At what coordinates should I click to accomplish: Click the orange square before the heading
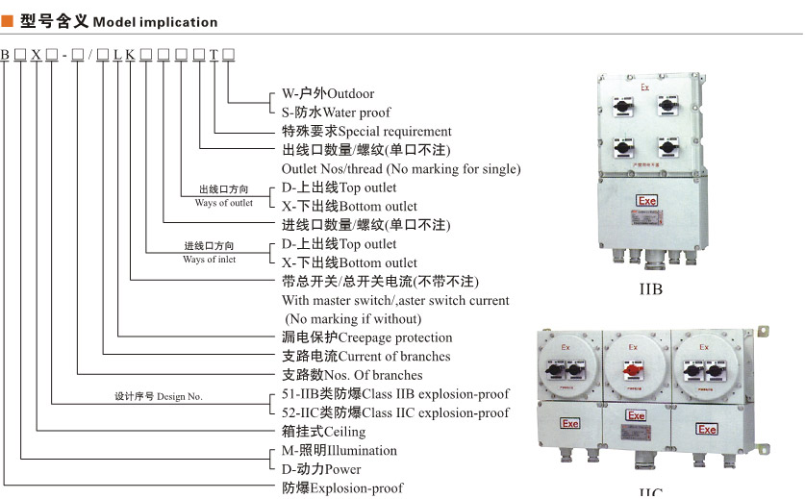pyautogui.click(x=7, y=21)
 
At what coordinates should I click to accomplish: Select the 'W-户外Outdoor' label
pyautogui.click(x=327, y=93)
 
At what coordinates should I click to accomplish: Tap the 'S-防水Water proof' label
pyautogui.click(x=336, y=112)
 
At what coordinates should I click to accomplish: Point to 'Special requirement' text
pyautogui.click(x=366, y=131)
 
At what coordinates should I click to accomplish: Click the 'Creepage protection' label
pyautogui.click(x=366, y=337)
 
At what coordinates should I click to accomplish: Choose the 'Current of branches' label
pyautogui.click(x=365, y=356)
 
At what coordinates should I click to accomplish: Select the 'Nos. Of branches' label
pyautogui.click(x=351, y=375)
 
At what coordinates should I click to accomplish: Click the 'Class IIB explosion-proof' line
pyautogui.click(x=395, y=393)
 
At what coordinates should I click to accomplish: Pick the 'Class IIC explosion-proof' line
pyautogui.click(x=395, y=412)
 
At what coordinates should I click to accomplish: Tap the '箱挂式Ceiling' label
pyautogui.click(x=323, y=432)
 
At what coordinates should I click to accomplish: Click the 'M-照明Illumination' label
pyautogui.click(x=339, y=450)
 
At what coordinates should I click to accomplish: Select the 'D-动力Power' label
pyautogui.click(x=321, y=469)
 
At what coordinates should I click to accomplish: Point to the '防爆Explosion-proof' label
pyautogui.click(x=342, y=488)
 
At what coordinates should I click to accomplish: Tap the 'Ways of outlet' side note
pyautogui.click(x=224, y=203)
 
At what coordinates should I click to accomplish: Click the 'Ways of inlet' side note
pyautogui.click(x=209, y=260)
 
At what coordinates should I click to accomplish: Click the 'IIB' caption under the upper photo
pyautogui.click(x=651, y=287)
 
